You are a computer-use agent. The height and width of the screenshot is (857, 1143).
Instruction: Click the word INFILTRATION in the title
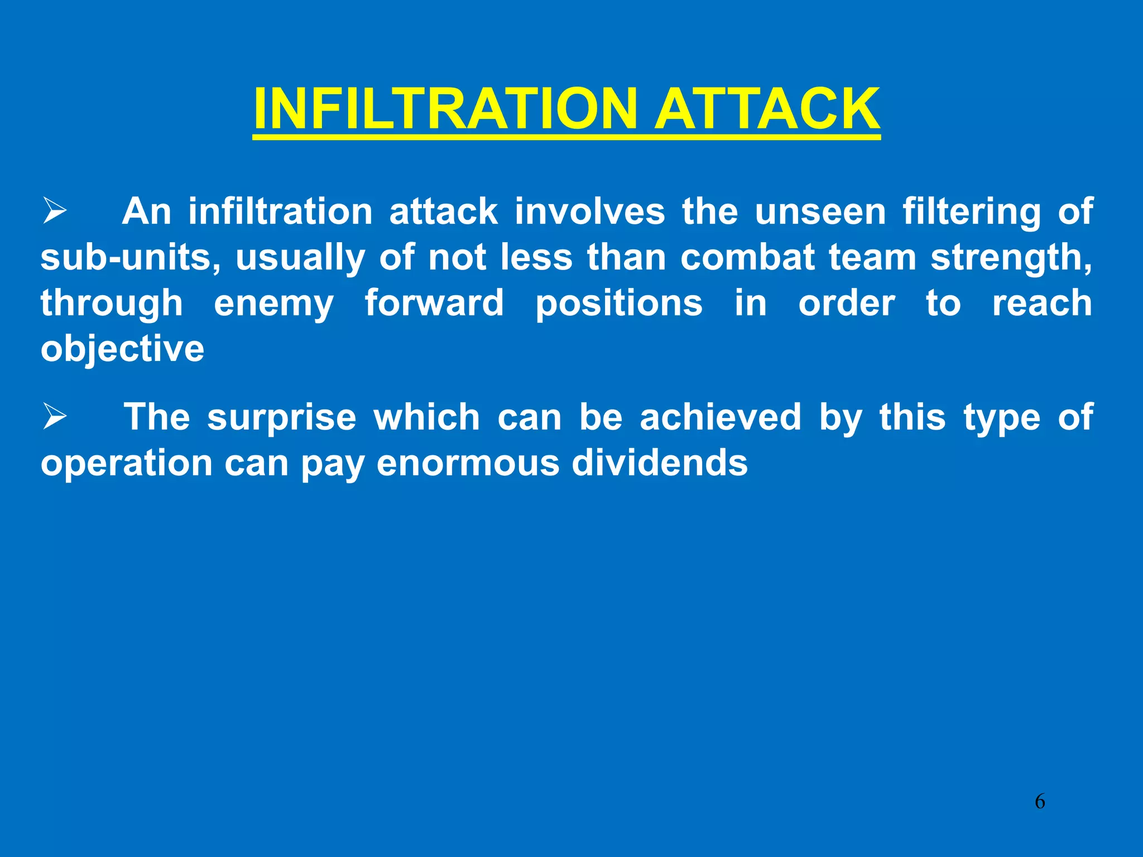(x=445, y=109)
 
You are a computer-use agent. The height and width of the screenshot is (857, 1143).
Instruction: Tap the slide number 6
(x=1040, y=802)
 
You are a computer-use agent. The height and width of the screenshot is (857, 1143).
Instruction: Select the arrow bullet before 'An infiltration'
(x=55, y=212)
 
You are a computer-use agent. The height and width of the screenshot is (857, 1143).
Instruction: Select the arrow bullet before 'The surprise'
(x=55, y=417)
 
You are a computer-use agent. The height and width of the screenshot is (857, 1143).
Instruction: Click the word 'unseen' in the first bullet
(x=820, y=212)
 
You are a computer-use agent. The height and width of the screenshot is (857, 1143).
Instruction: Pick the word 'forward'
(x=434, y=304)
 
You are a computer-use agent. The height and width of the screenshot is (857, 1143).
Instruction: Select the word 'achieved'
(x=721, y=417)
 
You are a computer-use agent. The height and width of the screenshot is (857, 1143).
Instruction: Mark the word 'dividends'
(x=660, y=463)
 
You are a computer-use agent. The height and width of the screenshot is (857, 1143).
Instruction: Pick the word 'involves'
(x=590, y=212)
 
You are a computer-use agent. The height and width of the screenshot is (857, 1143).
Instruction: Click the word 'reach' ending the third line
(x=1042, y=304)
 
